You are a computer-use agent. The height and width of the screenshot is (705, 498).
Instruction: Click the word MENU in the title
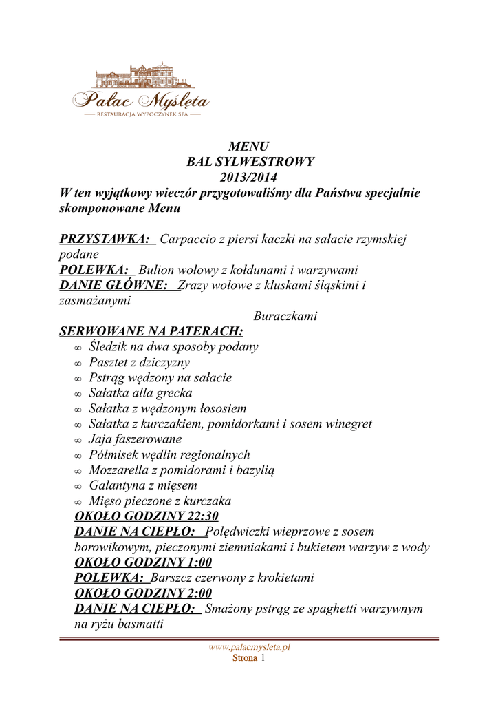click(x=248, y=146)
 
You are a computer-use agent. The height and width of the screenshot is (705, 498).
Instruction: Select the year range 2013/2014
click(x=249, y=178)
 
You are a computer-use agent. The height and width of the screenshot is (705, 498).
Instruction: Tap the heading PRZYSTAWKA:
click(x=107, y=239)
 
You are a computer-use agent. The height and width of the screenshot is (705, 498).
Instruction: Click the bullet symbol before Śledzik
click(x=78, y=348)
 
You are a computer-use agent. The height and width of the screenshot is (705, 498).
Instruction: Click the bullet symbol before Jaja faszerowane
click(x=78, y=441)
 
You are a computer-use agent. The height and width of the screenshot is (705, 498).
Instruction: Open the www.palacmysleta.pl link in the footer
click(x=249, y=647)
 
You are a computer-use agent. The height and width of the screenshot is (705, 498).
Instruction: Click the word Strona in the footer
click(x=244, y=658)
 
